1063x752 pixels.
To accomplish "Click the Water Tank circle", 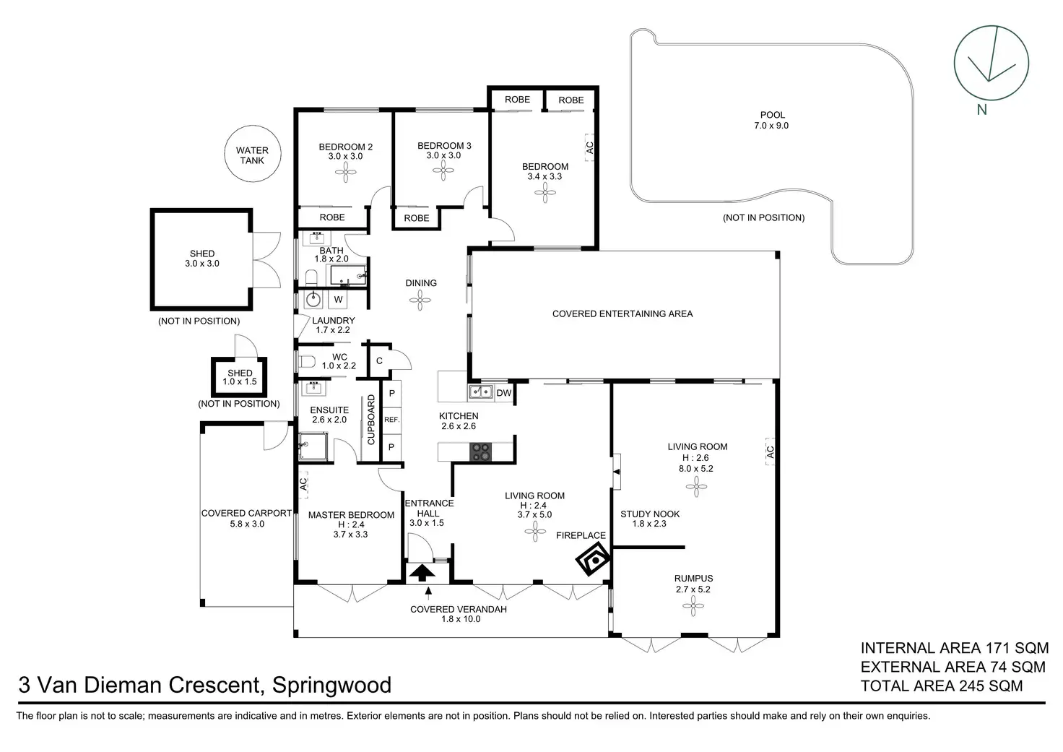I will [x=251, y=155].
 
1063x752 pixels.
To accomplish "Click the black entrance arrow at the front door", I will [x=423, y=572].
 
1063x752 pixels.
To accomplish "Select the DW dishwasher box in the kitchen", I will [x=504, y=393].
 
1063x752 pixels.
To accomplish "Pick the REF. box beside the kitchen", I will [x=391, y=420].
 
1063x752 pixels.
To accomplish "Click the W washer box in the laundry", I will [x=338, y=299].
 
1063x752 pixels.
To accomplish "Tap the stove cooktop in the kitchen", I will [x=482, y=452].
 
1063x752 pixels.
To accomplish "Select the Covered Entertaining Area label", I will [x=622, y=314].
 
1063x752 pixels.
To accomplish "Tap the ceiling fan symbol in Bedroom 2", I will [x=345, y=171].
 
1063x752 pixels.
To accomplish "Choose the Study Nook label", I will [x=650, y=514].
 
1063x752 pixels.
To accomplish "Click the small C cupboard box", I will [x=379, y=361].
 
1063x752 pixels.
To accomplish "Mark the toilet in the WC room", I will [x=306, y=361].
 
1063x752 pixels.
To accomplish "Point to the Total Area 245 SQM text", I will [x=941, y=686].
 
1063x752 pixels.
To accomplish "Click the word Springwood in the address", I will [x=331, y=685].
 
